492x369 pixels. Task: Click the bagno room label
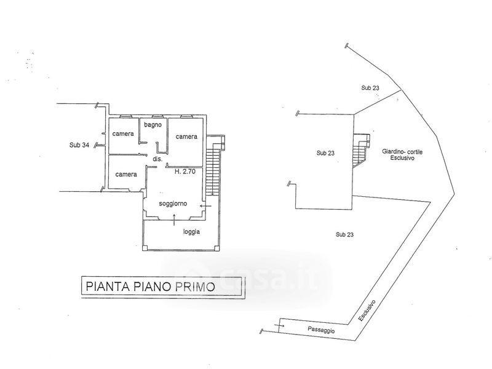click(x=153, y=125)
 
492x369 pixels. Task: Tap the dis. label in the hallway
click(x=157, y=159)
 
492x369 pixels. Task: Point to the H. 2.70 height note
click(x=184, y=172)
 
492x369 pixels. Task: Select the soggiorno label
click(x=173, y=204)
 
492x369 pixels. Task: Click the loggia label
click(x=191, y=232)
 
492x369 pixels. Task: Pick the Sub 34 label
click(x=79, y=145)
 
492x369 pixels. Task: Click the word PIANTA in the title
click(x=106, y=285)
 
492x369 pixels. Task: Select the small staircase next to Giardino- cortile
click(x=360, y=149)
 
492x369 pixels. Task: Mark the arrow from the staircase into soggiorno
click(x=205, y=206)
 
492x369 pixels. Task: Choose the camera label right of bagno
click(x=186, y=137)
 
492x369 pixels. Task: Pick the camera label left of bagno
click(x=123, y=134)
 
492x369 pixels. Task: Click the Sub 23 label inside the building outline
click(x=325, y=153)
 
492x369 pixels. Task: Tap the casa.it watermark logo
click(x=246, y=280)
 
